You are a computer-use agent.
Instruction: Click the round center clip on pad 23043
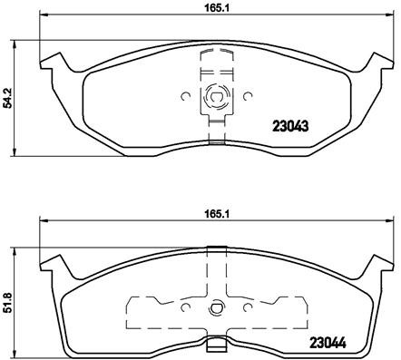216,95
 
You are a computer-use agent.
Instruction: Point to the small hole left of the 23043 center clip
185,95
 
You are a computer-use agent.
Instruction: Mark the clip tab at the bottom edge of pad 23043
215,138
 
